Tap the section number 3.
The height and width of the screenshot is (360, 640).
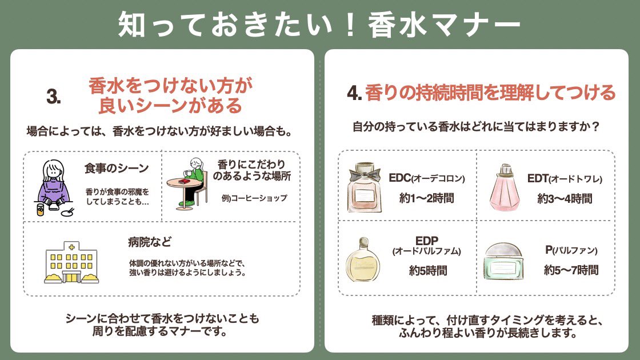[x=54, y=97]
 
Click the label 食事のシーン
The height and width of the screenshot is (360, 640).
[x=116, y=168]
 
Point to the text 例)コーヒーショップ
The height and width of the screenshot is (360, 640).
[x=254, y=198]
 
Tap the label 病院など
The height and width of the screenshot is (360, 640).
[x=150, y=241]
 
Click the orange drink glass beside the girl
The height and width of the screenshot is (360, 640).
[x=41, y=209]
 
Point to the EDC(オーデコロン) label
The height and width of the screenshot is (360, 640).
[x=427, y=178]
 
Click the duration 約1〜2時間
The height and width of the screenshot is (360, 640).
[x=427, y=198]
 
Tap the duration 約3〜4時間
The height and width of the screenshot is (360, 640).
[x=565, y=199]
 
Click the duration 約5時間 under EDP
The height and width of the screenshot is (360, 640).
[x=428, y=270]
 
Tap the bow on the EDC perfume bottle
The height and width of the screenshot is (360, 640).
[x=365, y=170]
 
